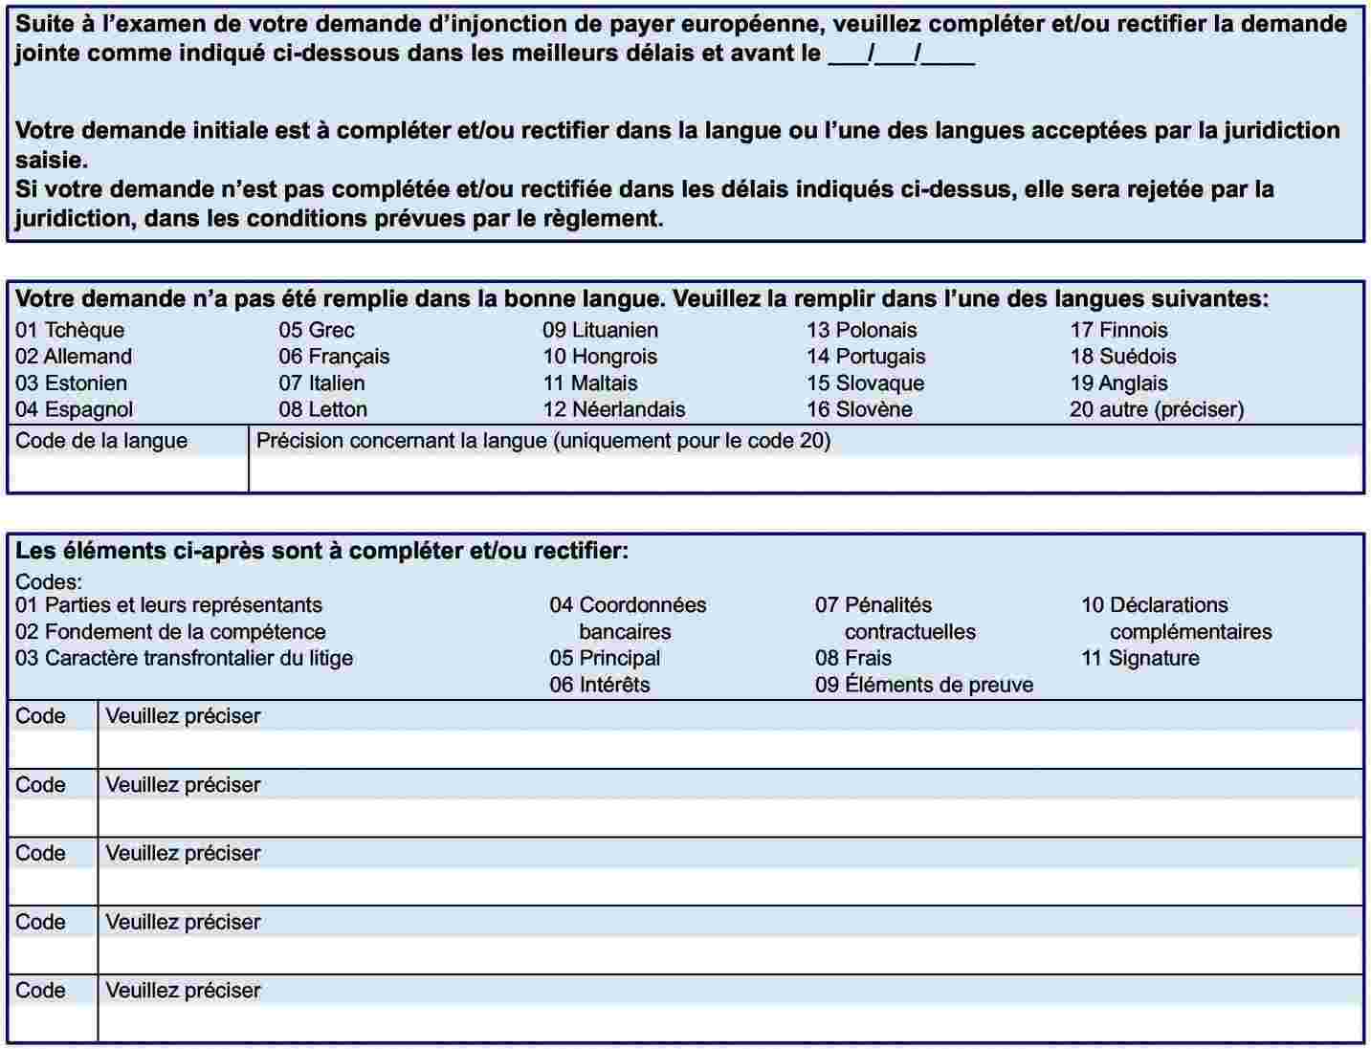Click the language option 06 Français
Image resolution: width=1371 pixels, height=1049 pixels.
[x=334, y=357]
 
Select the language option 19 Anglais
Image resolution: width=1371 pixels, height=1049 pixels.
[x=1118, y=383]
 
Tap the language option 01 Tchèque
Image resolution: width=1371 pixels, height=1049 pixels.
[x=70, y=330]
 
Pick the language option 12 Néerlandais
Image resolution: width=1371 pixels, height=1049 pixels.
[x=613, y=409]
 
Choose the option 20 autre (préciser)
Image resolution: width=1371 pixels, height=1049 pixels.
[x=1157, y=409]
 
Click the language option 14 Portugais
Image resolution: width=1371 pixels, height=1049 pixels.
[x=866, y=357]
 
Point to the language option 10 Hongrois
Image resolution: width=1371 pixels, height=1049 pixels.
[x=600, y=357]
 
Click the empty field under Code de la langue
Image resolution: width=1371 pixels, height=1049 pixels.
[x=127, y=474]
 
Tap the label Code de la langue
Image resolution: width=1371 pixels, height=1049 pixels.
[x=101, y=441]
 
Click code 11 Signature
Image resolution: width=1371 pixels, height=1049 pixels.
[x=1139, y=658]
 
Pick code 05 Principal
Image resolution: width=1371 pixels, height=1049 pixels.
[x=605, y=658]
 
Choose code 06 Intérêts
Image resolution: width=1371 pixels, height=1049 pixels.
[x=599, y=685]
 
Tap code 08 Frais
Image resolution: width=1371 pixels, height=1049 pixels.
[x=852, y=658]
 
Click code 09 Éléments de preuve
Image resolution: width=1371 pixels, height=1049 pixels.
[x=923, y=685]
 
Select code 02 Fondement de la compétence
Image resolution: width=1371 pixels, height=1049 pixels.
[x=170, y=631]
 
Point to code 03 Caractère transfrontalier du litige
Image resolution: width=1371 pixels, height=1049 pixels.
[x=184, y=658]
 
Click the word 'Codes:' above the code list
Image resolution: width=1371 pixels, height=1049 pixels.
[x=49, y=581]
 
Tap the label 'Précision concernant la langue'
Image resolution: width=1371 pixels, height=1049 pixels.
[x=543, y=441]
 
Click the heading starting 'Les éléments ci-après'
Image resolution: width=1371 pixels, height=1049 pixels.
[x=321, y=551]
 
